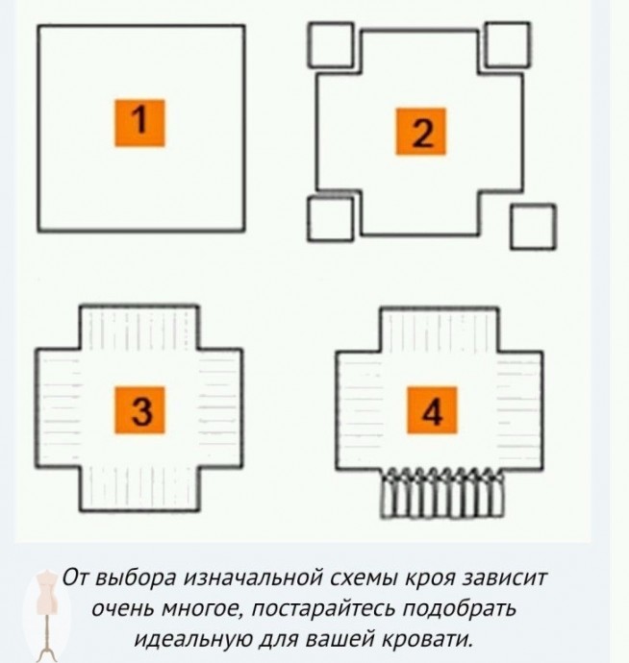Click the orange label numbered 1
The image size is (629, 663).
[x=139, y=123]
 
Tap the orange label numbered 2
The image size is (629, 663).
[x=420, y=132]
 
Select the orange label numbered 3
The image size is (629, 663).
[x=139, y=409]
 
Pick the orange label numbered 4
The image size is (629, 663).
[x=432, y=409]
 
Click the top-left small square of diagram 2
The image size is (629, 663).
[x=330, y=45]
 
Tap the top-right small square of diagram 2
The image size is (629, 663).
[x=507, y=45]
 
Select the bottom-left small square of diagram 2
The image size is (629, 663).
[x=330, y=219]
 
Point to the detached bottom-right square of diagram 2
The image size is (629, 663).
[x=534, y=227]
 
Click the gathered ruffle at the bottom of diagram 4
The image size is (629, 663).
[x=442, y=493]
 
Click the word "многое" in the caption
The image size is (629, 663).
[x=202, y=609]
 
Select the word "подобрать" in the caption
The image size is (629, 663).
[x=460, y=609]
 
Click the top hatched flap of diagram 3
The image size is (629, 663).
[x=139, y=328]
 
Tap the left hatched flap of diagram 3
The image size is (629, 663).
[x=58, y=408]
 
